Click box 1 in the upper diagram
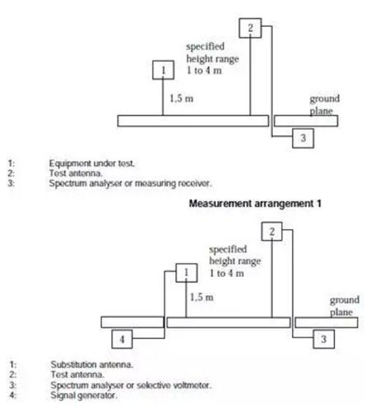point(163,70)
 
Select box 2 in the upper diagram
point(250,28)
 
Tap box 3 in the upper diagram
point(303,138)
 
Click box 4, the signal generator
point(122,339)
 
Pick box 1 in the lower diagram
point(186,272)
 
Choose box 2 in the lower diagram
point(272,231)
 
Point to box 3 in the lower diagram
point(323,339)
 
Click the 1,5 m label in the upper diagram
point(182,99)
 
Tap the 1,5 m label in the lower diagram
point(202,297)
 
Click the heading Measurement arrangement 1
point(255,204)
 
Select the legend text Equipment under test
point(92,164)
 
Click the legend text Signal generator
point(84,395)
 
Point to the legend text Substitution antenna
point(92,364)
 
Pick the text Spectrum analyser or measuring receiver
point(130,183)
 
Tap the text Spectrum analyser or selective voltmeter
point(131,386)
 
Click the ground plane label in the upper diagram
point(325,104)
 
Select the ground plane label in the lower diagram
point(345,306)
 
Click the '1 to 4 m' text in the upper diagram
point(204,70)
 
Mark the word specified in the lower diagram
point(228,250)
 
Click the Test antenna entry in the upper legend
point(76,173)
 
